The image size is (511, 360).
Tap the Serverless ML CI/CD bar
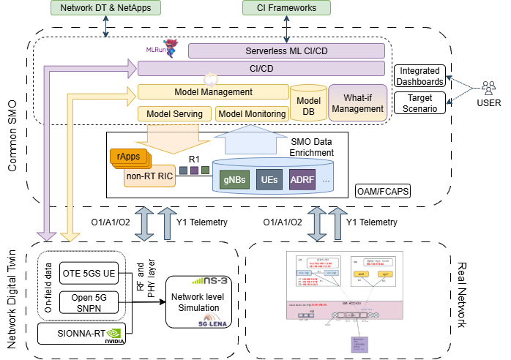pyautogui.click(x=286, y=50)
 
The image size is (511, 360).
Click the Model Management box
pyautogui.click(x=214, y=92)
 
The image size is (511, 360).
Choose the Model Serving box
pyautogui.click(x=175, y=113)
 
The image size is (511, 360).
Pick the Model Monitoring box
pyautogui.click(x=252, y=113)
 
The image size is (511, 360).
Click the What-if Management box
pyautogui.click(x=357, y=103)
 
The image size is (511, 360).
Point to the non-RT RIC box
pyautogui.click(x=149, y=176)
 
